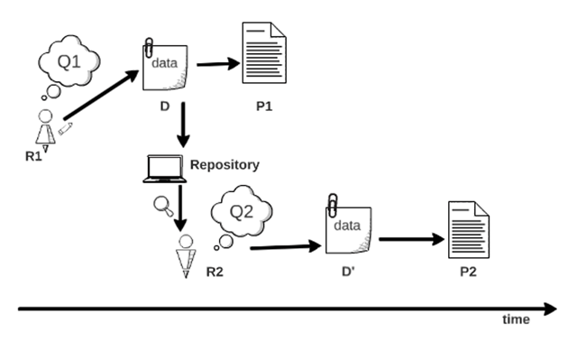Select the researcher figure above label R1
point(43,129)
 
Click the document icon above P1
point(261,57)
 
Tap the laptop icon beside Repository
point(164,169)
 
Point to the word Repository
point(224,165)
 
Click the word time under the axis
point(517,320)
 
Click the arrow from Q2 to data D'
point(284,245)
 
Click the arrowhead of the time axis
point(548,309)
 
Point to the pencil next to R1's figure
point(65,129)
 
